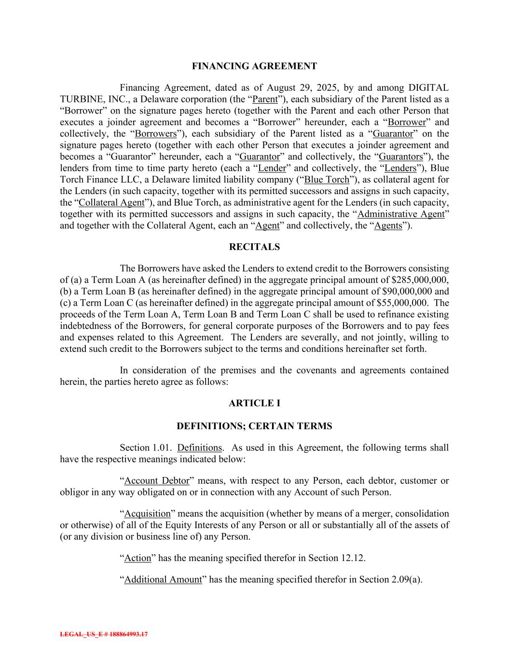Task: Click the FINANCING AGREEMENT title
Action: click(x=254, y=66)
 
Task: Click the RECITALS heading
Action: click(x=254, y=247)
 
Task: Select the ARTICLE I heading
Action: click(x=254, y=403)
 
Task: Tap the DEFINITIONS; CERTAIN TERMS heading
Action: click(x=254, y=426)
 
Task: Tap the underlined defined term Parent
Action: click(x=265, y=99)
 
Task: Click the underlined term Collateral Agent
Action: click(x=111, y=203)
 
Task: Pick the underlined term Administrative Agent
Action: click(x=400, y=214)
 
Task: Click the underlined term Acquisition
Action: click(x=147, y=514)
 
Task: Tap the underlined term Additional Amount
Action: click(x=163, y=579)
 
